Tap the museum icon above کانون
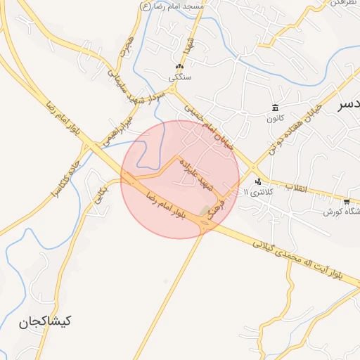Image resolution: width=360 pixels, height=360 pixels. [x=274, y=108]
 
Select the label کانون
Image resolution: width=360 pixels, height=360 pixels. [x=274, y=118]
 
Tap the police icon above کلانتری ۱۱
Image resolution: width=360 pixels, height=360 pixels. [x=258, y=181]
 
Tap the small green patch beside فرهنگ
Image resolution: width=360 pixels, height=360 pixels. [x=205, y=210]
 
